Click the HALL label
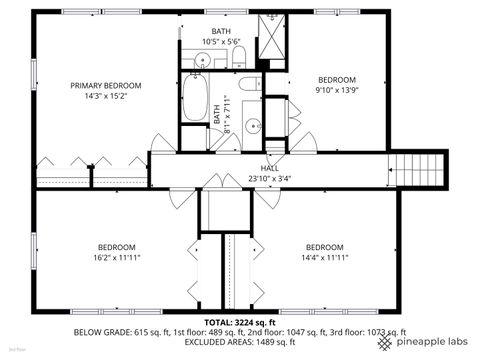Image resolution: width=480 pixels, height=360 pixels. [x=270, y=168]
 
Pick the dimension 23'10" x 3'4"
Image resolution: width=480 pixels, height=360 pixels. [x=270, y=179]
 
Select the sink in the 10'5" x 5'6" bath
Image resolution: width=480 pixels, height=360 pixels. [x=203, y=61]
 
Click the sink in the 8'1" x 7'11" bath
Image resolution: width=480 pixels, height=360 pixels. [x=254, y=126]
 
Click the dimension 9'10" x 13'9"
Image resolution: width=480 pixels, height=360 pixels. [x=337, y=91]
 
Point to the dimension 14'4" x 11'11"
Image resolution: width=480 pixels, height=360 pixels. [x=325, y=258]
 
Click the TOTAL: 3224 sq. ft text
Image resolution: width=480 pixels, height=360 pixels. [x=240, y=322]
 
